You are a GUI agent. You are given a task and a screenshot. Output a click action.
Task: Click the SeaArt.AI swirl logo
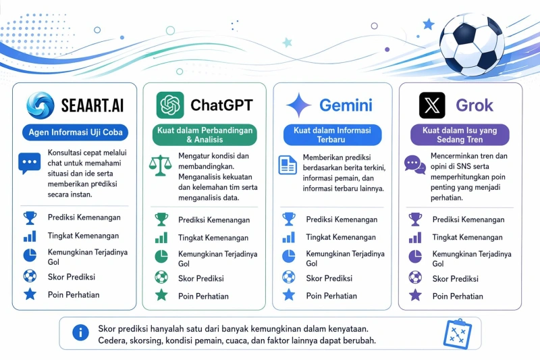(40, 105)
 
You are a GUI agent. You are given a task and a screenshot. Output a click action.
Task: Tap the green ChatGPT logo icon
(170, 105)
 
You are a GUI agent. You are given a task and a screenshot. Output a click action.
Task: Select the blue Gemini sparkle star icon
(298, 105)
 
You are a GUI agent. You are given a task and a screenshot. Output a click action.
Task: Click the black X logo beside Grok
(432, 105)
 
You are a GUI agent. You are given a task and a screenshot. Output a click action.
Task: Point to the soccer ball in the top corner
(472, 45)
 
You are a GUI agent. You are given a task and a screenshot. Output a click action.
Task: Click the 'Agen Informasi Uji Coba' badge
(76, 132)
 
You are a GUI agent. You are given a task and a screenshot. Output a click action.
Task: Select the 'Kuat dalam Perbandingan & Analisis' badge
(205, 134)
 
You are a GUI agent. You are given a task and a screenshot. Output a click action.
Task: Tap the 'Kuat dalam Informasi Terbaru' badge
(332, 134)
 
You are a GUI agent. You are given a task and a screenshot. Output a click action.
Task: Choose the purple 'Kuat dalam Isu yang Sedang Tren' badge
(460, 134)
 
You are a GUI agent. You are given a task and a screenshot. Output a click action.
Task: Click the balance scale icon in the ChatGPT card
(160, 165)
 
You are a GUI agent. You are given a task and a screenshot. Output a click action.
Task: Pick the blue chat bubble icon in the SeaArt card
(29, 163)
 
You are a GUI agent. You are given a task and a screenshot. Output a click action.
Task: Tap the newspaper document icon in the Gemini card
(288, 165)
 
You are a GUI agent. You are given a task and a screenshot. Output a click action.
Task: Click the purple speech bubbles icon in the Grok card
(415, 165)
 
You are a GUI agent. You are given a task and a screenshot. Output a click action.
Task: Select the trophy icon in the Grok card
(415, 220)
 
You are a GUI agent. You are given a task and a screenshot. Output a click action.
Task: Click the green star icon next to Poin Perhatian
(161, 295)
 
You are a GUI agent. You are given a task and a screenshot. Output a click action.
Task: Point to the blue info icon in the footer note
(80, 333)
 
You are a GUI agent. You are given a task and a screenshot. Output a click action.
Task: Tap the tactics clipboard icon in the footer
(458, 334)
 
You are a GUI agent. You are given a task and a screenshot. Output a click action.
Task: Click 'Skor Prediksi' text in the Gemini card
(329, 278)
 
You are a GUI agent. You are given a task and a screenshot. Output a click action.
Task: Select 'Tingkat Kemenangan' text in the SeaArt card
(83, 236)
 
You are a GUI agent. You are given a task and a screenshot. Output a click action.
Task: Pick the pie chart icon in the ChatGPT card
(161, 257)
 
